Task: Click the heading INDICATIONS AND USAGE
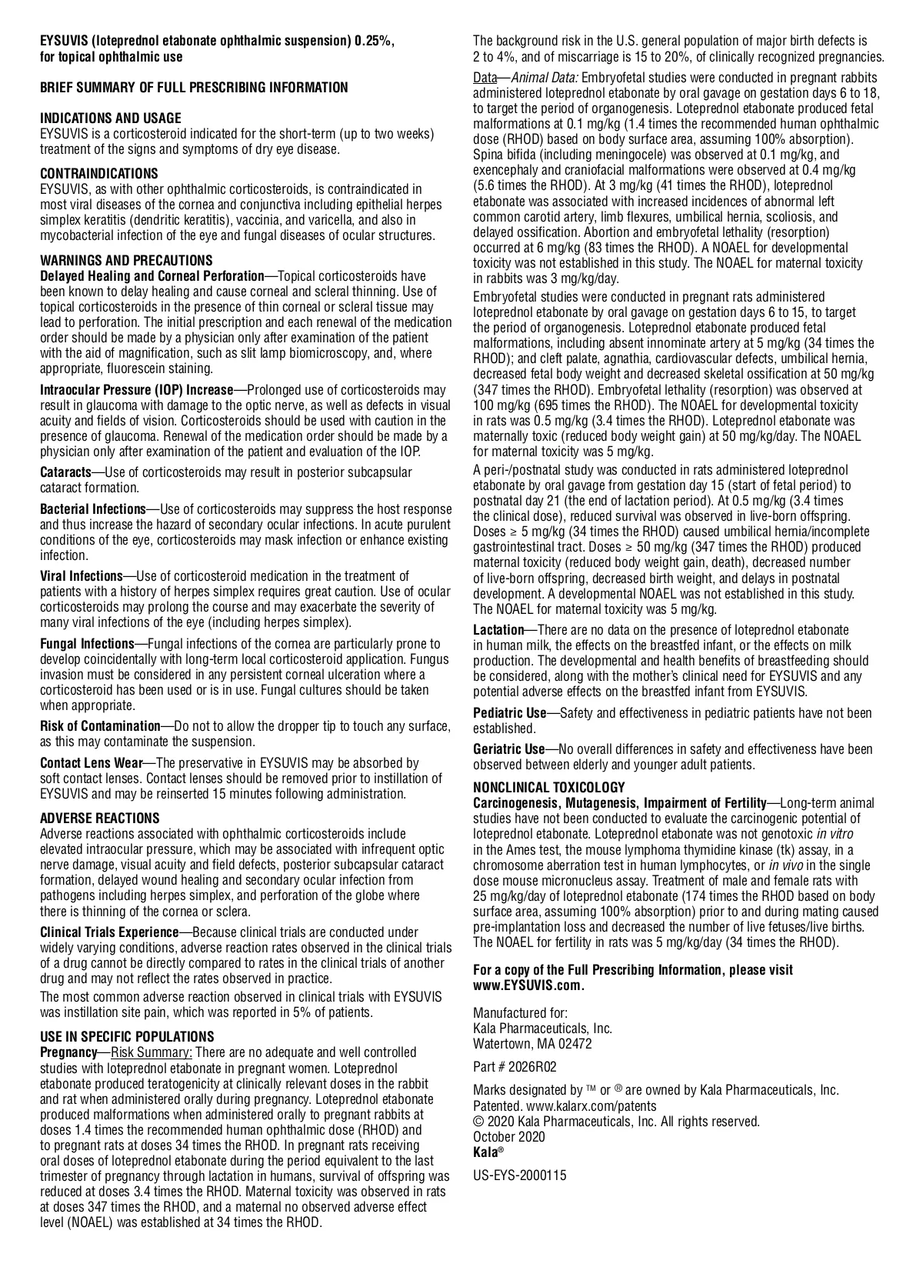(x=111, y=118)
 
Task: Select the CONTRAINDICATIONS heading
(x=99, y=174)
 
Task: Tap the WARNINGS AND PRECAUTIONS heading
(x=126, y=261)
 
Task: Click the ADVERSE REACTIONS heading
(x=99, y=819)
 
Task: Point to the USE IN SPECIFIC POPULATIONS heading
(x=127, y=1037)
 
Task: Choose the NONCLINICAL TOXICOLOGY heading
(x=548, y=788)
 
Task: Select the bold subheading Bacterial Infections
(x=92, y=509)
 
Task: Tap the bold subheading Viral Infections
(x=81, y=576)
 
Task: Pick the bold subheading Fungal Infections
(x=87, y=644)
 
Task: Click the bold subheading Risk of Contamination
(x=99, y=726)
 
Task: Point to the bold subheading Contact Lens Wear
(x=91, y=763)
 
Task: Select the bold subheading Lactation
(x=498, y=630)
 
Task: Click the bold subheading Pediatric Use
(x=509, y=713)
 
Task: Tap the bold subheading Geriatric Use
(x=508, y=749)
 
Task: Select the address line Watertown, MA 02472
(x=532, y=1044)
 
